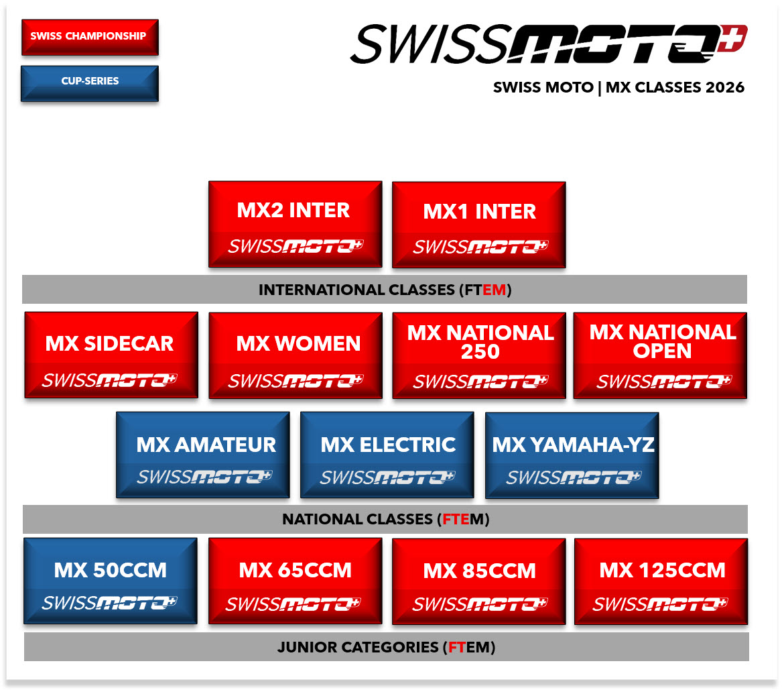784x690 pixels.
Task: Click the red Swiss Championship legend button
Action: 90,37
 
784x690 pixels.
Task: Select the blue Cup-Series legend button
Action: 90,84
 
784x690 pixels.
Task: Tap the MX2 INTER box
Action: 296,224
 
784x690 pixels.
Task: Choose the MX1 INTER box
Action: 479,225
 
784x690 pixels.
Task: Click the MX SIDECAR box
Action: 111,355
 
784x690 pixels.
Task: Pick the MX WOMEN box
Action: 296,356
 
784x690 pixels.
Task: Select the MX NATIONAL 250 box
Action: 479,356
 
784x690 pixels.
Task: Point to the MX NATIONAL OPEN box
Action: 660,356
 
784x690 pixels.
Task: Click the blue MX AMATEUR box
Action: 203,455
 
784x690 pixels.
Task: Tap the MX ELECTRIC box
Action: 387,455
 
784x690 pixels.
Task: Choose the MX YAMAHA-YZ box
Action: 572,455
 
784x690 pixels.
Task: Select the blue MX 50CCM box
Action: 111,581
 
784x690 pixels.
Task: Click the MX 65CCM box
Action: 296,581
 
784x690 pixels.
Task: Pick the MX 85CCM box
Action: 479,581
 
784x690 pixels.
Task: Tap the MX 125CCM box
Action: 661,581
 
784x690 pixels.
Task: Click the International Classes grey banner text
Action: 385,290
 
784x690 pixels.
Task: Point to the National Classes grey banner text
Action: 385,520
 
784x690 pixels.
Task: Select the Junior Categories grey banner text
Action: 386,647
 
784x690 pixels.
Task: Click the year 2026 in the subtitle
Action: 725,88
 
